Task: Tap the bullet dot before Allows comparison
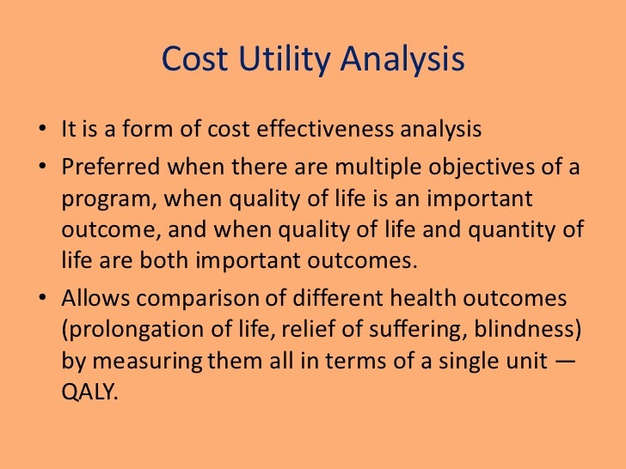(42, 297)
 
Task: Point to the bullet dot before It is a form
(42, 131)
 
